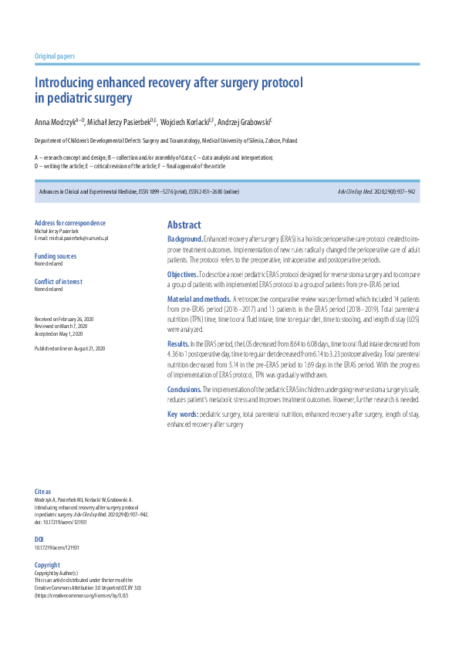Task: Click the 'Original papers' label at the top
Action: tap(55, 56)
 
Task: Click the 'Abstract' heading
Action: tap(184, 225)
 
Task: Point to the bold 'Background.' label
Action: tap(185, 240)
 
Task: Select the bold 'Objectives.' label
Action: tap(183, 275)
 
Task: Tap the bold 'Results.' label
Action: tap(178, 342)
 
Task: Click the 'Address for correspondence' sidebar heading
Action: tap(69, 223)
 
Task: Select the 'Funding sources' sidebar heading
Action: tap(56, 256)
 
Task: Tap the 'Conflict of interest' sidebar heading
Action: tap(59, 281)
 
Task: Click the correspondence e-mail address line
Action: tap(72, 239)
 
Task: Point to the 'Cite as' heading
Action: tap(43, 491)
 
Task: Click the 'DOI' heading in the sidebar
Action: tap(39, 539)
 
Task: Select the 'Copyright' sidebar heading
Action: tap(47, 564)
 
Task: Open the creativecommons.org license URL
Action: tap(82, 596)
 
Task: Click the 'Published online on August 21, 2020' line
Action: tap(70, 348)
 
